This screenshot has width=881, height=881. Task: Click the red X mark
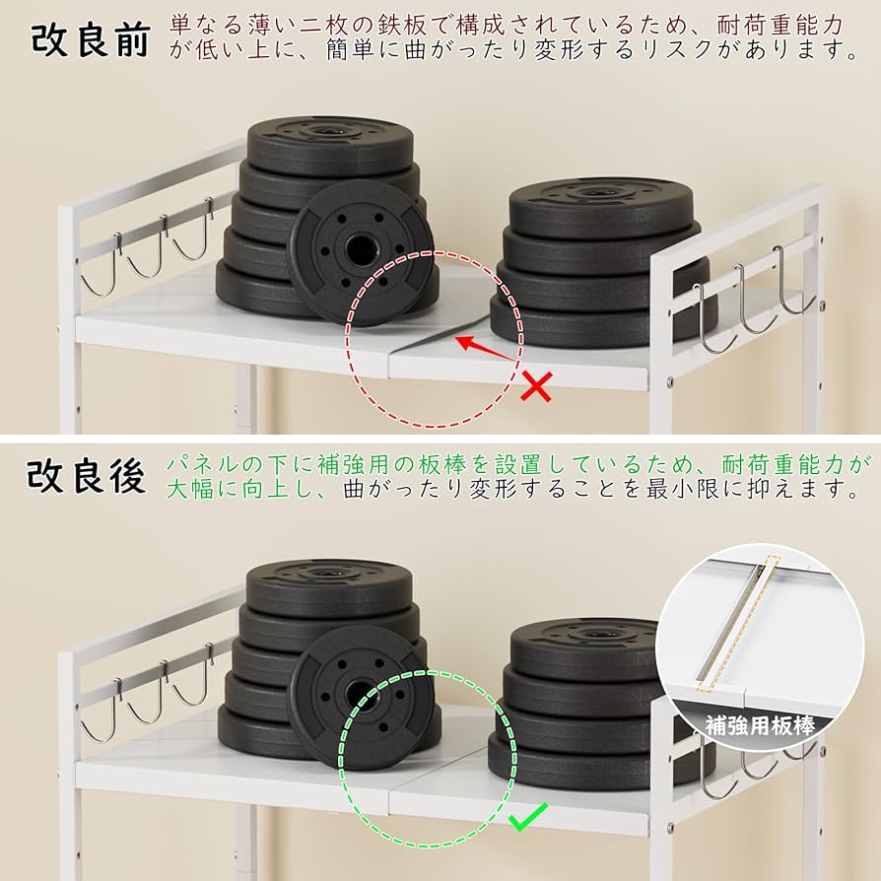click(x=535, y=386)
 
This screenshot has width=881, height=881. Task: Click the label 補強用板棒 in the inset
click(x=760, y=726)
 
